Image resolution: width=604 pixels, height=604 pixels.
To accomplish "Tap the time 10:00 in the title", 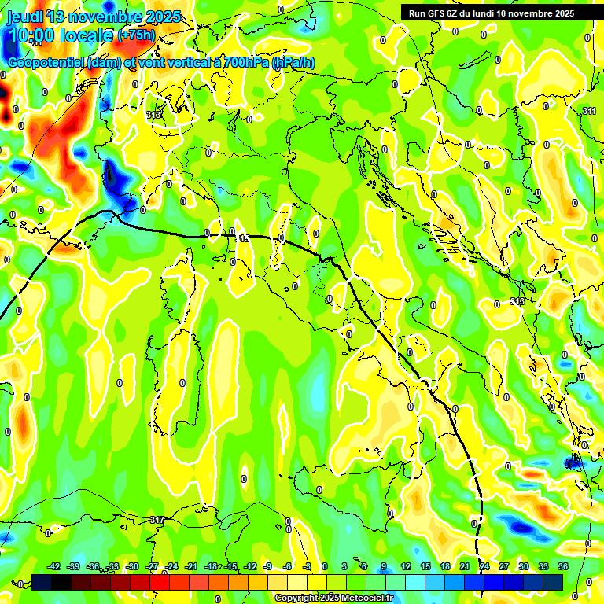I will pyautogui.click(x=35, y=35).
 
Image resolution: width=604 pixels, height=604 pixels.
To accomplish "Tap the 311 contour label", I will pyautogui.click(x=590, y=111).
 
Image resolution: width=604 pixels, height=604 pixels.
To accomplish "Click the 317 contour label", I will pyautogui.click(x=157, y=520).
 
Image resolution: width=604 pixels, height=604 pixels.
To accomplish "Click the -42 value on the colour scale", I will pyautogui.click(x=54, y=566).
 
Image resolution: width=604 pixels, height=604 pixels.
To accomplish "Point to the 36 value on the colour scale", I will pyautogui.click(x=563, y=566).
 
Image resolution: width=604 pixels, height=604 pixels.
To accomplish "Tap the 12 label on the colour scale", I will pyautogui.click(x=405, y=566).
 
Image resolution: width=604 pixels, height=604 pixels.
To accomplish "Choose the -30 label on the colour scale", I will pyautogui.click(x=133, y=566).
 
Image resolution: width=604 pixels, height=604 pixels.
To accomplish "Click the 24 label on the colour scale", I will pyautogui.click(x=484, y=566).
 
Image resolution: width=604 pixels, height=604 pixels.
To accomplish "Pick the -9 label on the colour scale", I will pyautogui.click(x=267, y=566).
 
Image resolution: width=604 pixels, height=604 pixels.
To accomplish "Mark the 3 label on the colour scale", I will pyautogui.click(x=344, y=566).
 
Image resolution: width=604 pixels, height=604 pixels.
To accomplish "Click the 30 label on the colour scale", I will pyautogui.click(x=524, y=566).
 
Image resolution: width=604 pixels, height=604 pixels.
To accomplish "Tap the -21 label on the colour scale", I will pyautogui.click(x=191, y=566).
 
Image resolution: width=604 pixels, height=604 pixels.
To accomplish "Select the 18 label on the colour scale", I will pyautogui.click(x=444, y=566).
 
